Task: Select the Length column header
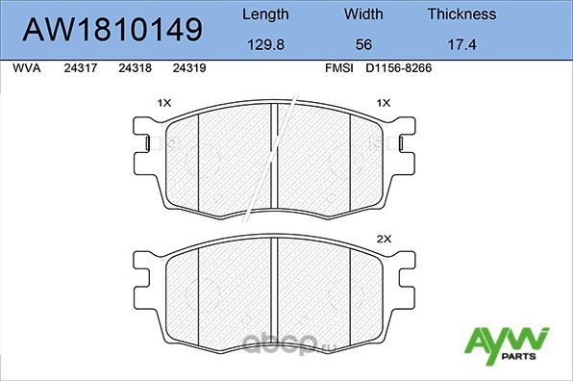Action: [264, 14]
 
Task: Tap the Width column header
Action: [363, 14]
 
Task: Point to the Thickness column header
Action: [461, 14]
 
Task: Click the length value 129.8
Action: [264, 44]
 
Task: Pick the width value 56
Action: [363, 44]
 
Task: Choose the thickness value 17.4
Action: [461, 44]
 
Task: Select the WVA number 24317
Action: [79, 69]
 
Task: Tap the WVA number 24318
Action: [134, 69]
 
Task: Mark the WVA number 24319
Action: [187, 69]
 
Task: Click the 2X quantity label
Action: [385, 238]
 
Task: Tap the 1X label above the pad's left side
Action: [164, 102]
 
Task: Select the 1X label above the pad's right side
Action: [385, 102]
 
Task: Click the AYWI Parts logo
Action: [506, 345]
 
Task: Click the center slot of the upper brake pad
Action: [276, 159]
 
